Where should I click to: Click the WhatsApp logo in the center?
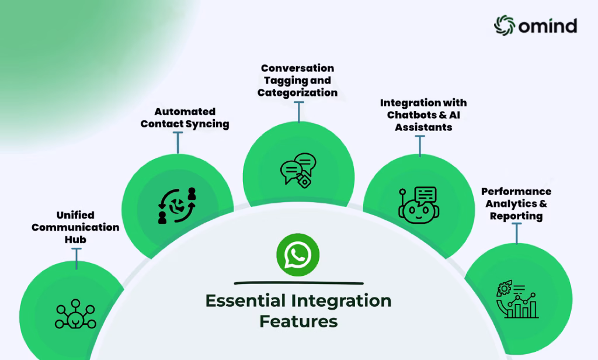(x=298, y=255)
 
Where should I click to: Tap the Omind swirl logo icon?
(x=505, y=26)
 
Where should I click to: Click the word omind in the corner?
(x=548, y=26)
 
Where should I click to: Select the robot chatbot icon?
(x=419, y=205)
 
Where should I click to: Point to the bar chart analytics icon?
(x=517, y=300)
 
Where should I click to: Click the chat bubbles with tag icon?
(x=298, y=170)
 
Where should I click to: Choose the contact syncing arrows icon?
(x=177, y=205)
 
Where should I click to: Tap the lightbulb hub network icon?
(x=75, y=314)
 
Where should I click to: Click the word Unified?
(x=75, y=215)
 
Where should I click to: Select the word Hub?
(x=75, y=240)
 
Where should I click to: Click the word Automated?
(x=185, y=112)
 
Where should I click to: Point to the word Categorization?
(x=297, y=93)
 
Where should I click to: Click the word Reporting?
(x=516, y=216)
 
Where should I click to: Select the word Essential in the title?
(x=246, y=301)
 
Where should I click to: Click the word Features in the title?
(x=298, y=321)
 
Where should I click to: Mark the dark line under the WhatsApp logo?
(x=298, y=283)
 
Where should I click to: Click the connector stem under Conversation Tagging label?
(x=299, y=112)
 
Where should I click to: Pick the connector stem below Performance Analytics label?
(x=517, y=233)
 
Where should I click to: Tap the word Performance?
(x=516, y=191)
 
